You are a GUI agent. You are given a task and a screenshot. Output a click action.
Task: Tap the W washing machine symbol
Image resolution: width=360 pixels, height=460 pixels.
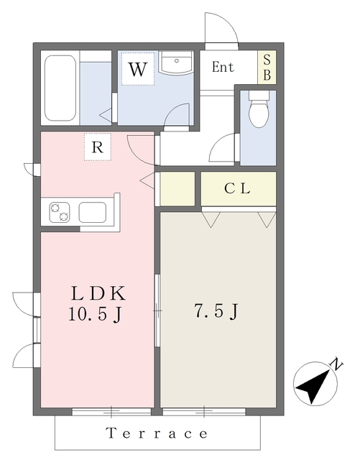pos(138,70)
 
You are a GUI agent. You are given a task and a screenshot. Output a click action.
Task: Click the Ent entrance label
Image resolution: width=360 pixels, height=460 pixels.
pos(223,68)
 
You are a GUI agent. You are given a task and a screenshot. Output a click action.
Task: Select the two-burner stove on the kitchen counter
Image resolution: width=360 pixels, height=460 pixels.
pos(59,213)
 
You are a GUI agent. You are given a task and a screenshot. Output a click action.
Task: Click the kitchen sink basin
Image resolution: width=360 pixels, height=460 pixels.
pos(93,213)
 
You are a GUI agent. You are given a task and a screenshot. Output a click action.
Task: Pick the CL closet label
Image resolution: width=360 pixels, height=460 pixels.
pos(237,190)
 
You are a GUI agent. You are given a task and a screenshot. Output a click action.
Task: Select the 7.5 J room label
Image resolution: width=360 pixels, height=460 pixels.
pos(216,311)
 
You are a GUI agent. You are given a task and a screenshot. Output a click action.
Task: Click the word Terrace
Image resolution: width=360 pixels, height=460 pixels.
pos(157,433)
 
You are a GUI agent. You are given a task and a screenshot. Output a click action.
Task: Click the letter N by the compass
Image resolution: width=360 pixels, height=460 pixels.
pos(334,364)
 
